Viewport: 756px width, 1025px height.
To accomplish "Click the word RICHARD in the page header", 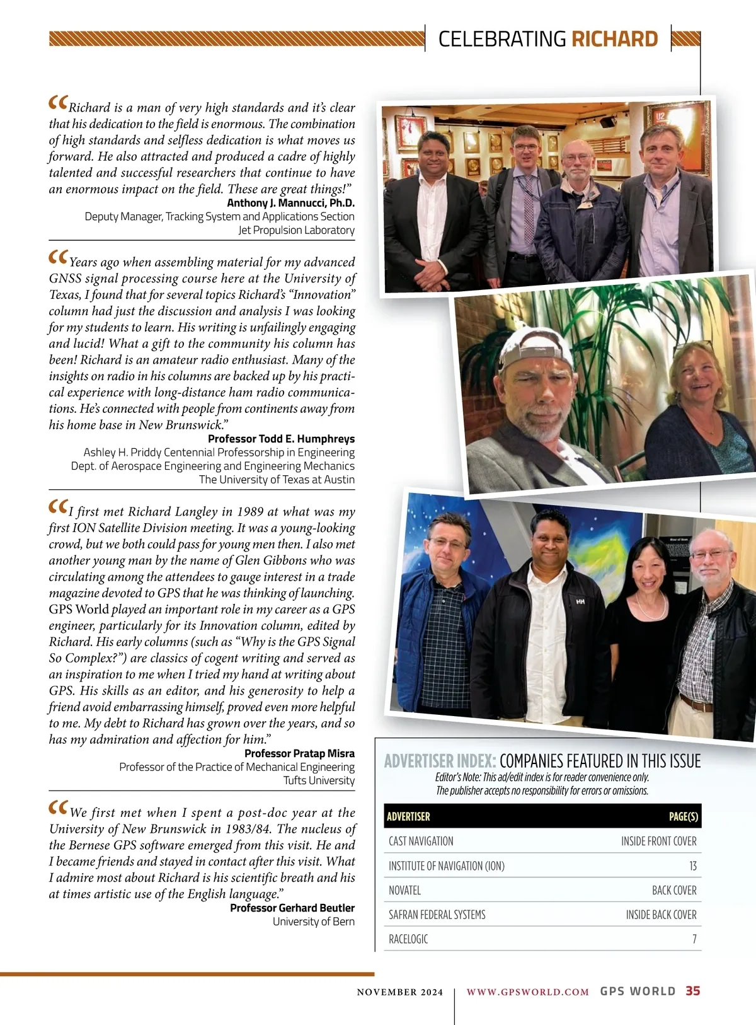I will pos(614,39).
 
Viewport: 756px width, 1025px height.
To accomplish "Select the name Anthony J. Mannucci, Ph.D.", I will pos(290,203).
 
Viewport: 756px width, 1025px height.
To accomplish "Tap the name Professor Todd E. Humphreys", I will pos(281,439).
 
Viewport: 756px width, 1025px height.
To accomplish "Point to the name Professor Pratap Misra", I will pos(299,753).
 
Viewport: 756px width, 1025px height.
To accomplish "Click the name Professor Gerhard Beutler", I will pos(292,908).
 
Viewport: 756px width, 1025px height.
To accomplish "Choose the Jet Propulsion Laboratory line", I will pos(296,230).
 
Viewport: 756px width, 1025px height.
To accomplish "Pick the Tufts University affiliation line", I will pos(319,780).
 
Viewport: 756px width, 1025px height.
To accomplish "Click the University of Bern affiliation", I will pos(313,922).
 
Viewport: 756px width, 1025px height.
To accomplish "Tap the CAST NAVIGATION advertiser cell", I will pos(421,841).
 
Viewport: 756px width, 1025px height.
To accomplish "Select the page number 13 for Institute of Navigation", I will pos(692,866).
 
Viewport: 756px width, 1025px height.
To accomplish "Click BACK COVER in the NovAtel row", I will pos(674,890).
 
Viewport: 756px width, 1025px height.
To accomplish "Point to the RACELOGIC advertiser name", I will pos(408,939).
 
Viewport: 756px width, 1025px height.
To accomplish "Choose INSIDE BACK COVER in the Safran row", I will pos(661,915).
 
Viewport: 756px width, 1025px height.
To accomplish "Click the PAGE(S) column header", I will pos(683,816).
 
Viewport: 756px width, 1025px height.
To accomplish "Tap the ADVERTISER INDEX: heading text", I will pos(440,762).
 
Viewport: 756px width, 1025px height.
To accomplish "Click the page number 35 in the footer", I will pos(692,991).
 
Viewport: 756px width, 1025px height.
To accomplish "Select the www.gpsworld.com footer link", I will pos(527,992).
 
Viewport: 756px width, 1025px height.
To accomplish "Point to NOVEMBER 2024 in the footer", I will pos(399,992).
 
